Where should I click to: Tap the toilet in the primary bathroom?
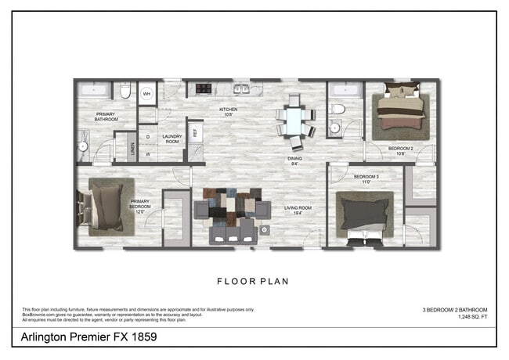[125, 92]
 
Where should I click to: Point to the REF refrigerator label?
[196, 131]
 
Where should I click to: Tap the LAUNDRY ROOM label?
[171, 139]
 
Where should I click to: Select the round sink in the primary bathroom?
[82, 146]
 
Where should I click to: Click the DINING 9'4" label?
[294, 161]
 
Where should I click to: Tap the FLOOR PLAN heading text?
[254, 279]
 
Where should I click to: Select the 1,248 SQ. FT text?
[449, 317]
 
